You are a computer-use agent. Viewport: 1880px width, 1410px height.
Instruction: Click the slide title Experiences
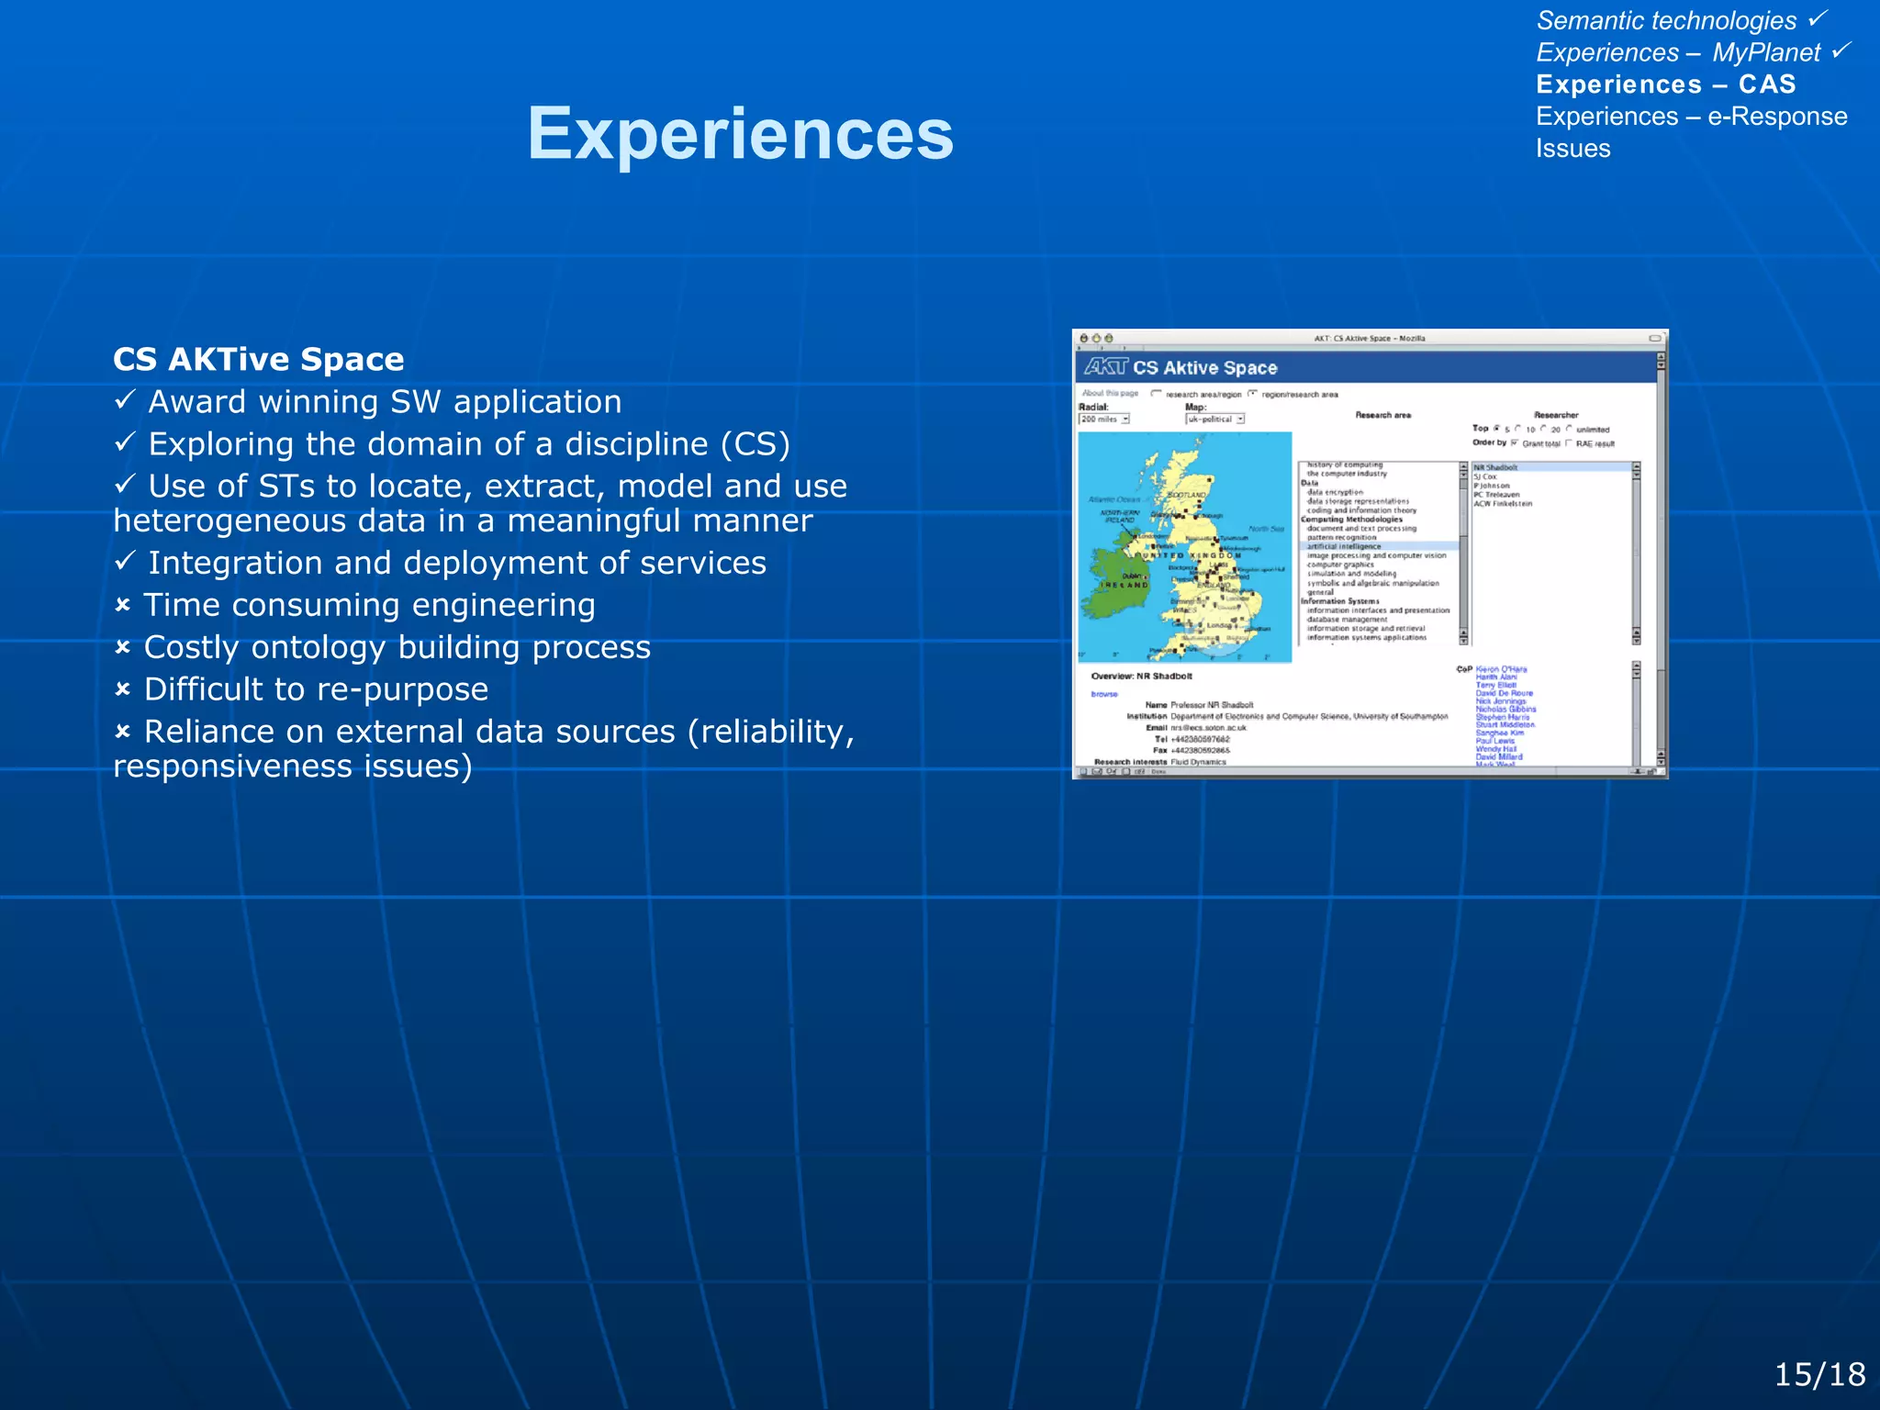(x=740, y=134)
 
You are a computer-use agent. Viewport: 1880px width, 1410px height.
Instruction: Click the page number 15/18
(x=1818, y=1374)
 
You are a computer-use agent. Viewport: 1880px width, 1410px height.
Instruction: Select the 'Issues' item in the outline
(x=1572, y=149)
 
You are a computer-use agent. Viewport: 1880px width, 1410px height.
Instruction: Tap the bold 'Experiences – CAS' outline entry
(x=1665, y=84)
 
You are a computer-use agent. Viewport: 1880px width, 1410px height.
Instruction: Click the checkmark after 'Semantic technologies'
(x=1818, y=18)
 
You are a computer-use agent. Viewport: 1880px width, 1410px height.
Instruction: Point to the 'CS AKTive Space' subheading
(x=258, y=359)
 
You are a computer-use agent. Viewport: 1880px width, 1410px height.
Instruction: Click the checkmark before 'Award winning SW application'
(x=125, y=399)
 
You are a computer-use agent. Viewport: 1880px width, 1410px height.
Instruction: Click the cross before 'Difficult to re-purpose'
(x=123, y=689)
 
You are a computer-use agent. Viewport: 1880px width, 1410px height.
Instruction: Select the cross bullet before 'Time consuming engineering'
(x=123, y=606)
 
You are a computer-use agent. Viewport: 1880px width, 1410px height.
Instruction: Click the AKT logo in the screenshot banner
(x=1105, y=367)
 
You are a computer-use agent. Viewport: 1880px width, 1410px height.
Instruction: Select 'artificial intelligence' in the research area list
(x=1344, y=546)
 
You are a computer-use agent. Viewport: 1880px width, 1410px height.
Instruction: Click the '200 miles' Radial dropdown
(x=1103, y=420)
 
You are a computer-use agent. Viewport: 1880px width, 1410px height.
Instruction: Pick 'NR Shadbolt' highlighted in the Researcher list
(x=1495, y=467)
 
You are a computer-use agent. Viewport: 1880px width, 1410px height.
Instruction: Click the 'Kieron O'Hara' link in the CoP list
(x=1501, y=669)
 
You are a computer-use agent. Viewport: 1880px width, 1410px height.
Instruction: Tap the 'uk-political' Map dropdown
(x=1214, y=420)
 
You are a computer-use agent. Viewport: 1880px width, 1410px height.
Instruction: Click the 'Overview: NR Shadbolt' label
(x=1141, y=677)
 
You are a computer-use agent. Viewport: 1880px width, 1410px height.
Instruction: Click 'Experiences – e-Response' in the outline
(x=1691, y=117)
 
